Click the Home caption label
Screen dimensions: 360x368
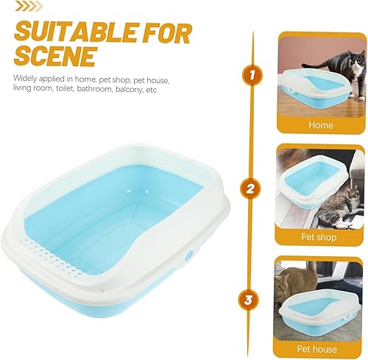(321, 125)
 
